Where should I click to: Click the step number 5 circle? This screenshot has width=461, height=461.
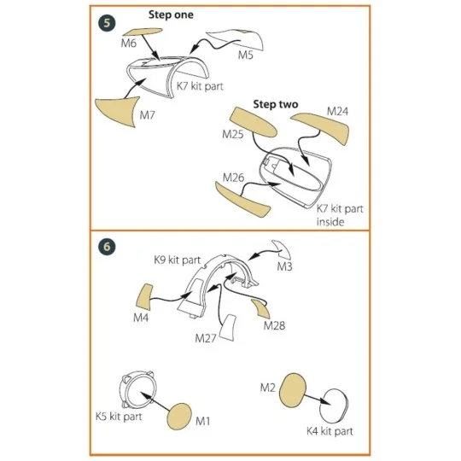[107, 23]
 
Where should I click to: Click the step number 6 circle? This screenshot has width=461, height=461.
[107, 247]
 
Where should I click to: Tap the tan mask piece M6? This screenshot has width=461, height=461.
[143, 32]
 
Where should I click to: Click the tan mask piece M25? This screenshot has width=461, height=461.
[253, 122]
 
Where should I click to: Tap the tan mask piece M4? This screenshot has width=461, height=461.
[144, 297]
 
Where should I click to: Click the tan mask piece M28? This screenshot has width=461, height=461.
[261, 309]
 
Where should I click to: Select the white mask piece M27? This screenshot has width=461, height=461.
[228, 328]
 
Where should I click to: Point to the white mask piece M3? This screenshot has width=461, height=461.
[283, 249]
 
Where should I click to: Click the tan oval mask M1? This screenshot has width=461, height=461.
[179, 417]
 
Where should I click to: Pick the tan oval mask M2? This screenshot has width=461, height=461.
[293, 390]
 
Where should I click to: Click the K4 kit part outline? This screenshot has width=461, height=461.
[334, 406]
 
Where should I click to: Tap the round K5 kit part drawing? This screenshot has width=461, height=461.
[137, 389]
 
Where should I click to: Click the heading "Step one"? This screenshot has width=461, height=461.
[171, 15]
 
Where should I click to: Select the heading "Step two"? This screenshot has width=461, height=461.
[276, 104]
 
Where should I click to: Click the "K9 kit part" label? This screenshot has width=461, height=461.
[178, 260]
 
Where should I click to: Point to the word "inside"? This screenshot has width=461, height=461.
[330, 222]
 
